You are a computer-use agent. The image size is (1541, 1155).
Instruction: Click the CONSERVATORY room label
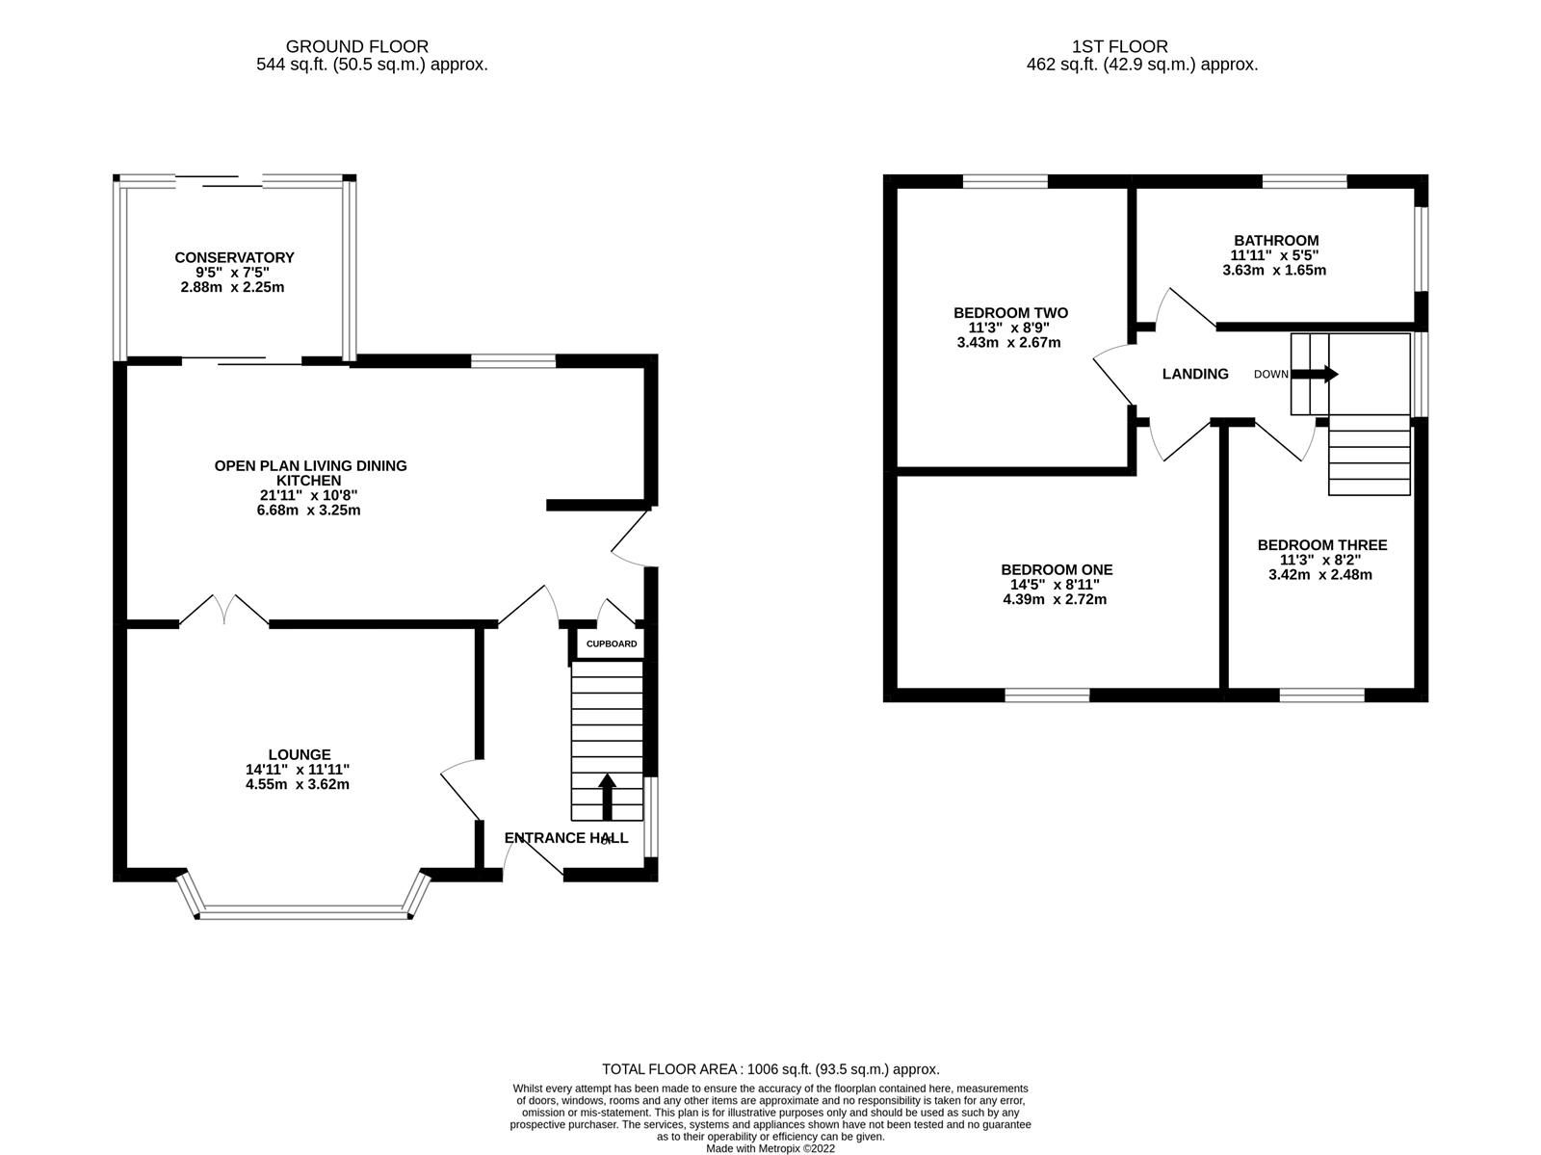234,257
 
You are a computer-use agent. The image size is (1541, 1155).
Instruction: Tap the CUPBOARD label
612,643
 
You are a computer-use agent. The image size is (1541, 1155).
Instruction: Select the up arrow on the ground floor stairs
608,796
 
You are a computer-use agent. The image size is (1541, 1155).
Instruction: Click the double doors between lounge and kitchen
223,613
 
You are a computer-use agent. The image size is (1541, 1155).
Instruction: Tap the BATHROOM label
1276,241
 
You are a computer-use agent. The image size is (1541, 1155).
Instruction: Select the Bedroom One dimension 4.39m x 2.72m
1057,599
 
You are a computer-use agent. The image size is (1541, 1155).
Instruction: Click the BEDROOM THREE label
1322,545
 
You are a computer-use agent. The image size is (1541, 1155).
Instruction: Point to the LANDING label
1195,374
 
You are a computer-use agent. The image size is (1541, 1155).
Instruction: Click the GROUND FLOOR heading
357,46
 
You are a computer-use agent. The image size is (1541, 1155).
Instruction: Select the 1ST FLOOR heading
1119,46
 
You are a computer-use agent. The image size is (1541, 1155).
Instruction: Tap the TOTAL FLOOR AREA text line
770,1068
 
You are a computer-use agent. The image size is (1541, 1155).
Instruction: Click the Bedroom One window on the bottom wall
1047,695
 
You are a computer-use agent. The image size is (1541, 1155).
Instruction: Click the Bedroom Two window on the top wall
1005,180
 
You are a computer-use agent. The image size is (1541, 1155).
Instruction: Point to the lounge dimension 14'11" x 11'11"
298,769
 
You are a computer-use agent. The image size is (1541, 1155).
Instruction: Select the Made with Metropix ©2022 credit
770,1148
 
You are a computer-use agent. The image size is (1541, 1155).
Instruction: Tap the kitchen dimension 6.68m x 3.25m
302,510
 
